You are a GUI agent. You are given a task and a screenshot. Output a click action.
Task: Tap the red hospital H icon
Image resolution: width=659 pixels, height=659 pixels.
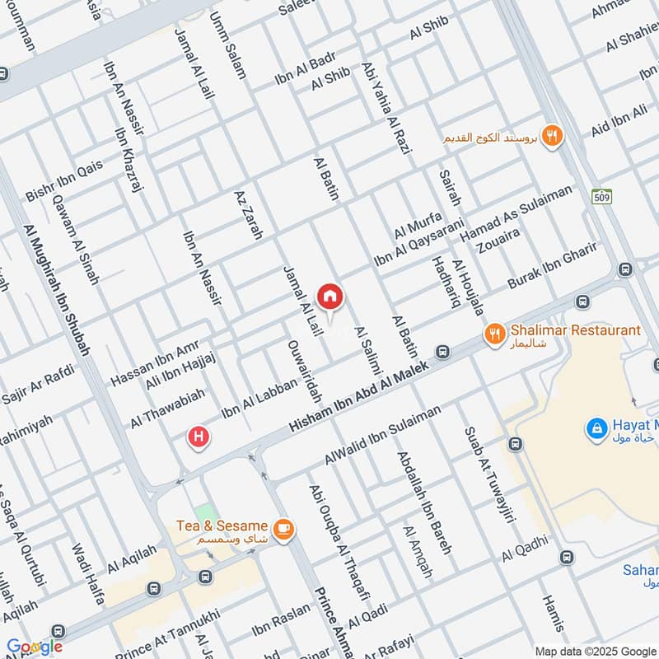(198, 437)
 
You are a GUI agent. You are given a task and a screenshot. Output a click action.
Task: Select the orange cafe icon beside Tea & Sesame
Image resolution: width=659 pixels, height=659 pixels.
(283, 530)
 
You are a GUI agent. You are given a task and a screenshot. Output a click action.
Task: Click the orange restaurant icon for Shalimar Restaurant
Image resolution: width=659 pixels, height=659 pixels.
(494, 334)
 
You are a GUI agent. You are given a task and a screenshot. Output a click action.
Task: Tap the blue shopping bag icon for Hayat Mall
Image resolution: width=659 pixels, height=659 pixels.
(596, 428)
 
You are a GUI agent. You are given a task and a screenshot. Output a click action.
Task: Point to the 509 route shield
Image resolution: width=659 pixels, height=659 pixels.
(601, 197)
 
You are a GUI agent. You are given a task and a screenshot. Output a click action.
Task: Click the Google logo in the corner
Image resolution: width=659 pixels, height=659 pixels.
(35, 647)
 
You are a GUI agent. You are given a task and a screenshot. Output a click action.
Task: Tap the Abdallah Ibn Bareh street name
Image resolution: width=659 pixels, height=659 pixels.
(424, 502)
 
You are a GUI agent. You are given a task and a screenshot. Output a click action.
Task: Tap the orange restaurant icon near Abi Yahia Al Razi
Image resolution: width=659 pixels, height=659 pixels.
(552, 137)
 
